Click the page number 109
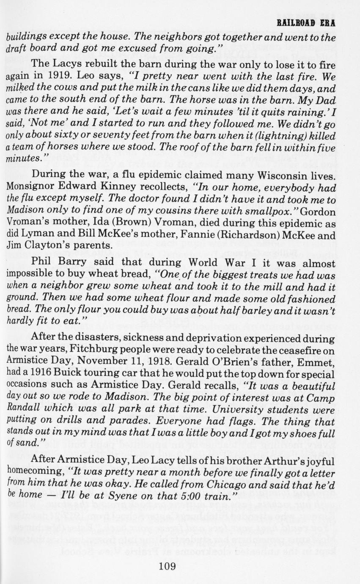coord(168,566)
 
